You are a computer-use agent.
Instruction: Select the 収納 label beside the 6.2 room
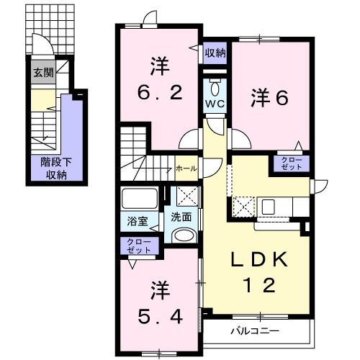coord(215,53)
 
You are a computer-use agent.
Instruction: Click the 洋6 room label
coord(270,97)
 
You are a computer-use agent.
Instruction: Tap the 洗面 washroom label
coord(181,217)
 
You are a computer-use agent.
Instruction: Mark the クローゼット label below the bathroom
coord(138,246)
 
